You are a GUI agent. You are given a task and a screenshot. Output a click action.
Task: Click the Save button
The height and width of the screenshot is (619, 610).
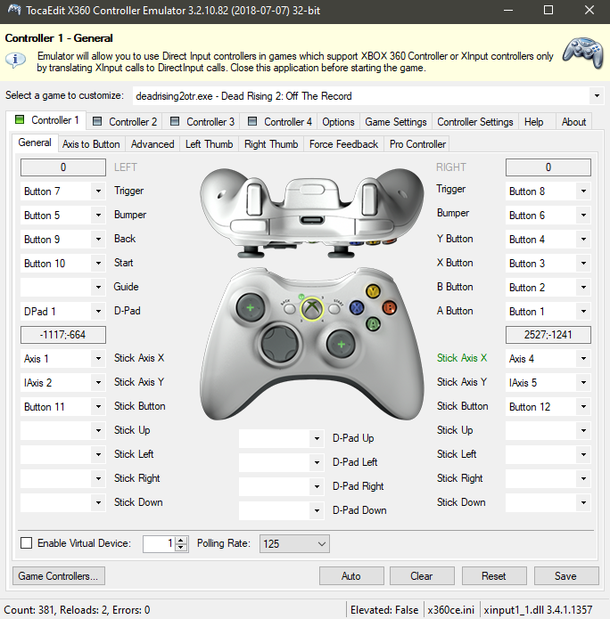tap(566, 576)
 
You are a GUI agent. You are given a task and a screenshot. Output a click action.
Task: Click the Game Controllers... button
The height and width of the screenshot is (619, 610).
tap(59, 576)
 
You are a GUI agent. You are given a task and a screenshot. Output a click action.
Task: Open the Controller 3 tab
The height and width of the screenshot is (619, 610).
tap(202, 122)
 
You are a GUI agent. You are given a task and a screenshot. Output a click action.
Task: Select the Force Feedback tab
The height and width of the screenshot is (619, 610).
tap(343, 144)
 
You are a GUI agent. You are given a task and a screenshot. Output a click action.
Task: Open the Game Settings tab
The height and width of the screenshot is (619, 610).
tap(396, 122)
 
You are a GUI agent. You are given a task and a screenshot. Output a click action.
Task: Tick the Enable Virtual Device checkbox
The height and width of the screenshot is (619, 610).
tap(27, 543)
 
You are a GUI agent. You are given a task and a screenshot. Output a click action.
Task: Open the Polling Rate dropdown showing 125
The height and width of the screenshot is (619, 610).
tap(294, 543)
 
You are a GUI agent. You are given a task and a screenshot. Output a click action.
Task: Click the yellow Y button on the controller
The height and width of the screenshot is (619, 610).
tap(373, 291)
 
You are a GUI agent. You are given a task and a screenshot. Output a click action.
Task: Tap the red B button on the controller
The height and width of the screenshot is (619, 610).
tap(389, 307)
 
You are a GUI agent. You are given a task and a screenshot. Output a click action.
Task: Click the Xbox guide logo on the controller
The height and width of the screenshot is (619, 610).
tap(312, 308)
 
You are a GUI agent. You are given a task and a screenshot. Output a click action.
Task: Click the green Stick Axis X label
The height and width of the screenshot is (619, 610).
tap(462, 358)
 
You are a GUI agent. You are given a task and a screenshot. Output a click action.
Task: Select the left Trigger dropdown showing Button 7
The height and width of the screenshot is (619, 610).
tap(62, 191)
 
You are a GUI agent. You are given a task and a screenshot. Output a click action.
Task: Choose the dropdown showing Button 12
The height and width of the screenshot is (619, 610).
tap(548, 407)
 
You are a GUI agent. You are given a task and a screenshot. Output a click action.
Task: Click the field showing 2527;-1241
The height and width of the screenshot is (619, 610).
tap(548, 335)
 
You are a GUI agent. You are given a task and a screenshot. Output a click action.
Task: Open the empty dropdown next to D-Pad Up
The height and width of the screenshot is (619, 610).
tap(282, 438)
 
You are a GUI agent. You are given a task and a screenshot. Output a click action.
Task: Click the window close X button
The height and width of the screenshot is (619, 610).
tap(589, 10)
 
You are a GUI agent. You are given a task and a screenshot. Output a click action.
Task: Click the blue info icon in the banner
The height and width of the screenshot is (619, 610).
tap(15, 60)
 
